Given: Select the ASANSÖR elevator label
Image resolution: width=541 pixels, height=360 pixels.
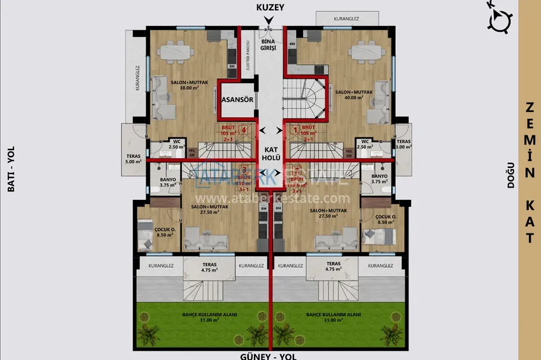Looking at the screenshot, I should click(237, 100).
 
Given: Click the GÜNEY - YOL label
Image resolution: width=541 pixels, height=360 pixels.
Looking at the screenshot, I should click(271, 355).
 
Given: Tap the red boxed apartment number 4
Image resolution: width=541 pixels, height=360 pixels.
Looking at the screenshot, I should click(244, 130).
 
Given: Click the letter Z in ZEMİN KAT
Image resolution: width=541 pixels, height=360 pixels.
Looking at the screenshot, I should click(529, 108).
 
